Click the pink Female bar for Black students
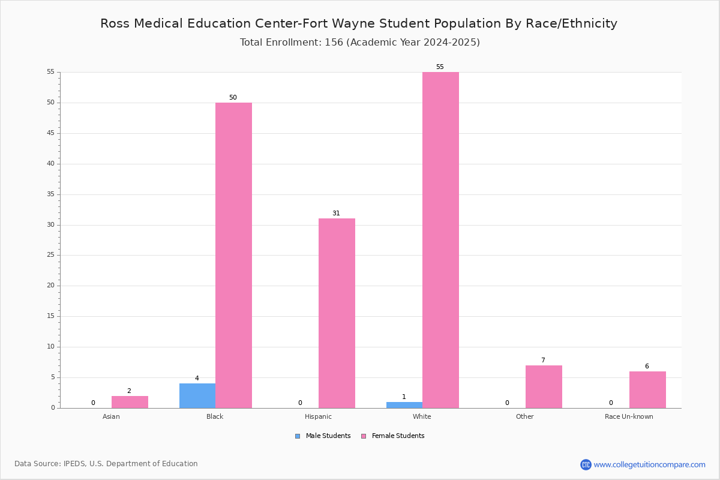pos(233,255)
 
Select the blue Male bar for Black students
pos(197,396)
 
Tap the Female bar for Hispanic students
pos(337,313)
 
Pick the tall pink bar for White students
pos(440,240)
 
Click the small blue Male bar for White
pos(404,405)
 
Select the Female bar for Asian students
pos(130,402)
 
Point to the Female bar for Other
pos(544,387)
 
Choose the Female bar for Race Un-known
pos(647,390)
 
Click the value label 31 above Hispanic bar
pos(336,213)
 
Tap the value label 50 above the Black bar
pos(233,97)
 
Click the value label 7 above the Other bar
pos(543,360)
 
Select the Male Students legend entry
pos(323,436)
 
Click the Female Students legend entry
pos(393,436)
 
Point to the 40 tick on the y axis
pos(51,164)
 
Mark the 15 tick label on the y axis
pos(51,316)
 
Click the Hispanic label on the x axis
pos(318,416)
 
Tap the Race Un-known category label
pos(629,416)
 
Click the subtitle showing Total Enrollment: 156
pos(360,43)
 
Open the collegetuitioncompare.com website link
pos(643,464)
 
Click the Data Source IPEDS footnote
pos(106,464)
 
